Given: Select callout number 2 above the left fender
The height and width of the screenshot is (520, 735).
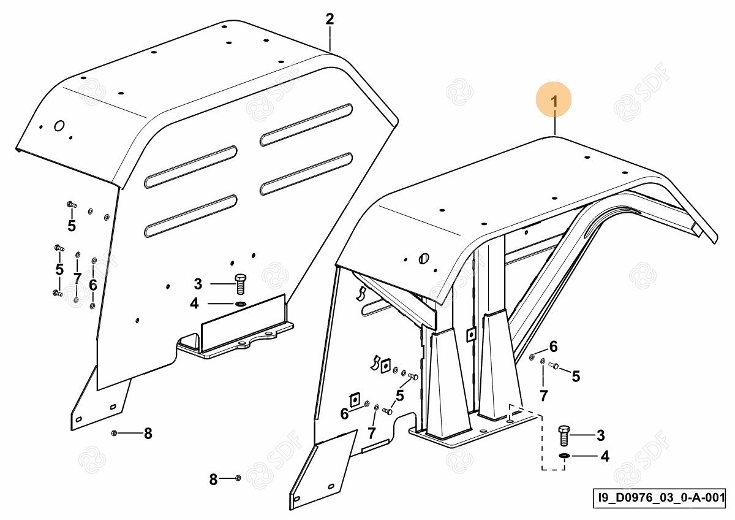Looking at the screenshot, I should pos(330,19).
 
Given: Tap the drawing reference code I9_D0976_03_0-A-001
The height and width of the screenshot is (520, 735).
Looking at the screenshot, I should pos(661,497).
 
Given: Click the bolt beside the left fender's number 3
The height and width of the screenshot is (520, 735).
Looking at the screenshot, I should pos(240,284).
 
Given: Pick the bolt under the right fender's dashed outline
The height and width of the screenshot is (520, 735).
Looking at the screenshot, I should pos(564,437).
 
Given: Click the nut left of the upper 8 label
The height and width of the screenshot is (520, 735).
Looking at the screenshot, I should pos(115,434).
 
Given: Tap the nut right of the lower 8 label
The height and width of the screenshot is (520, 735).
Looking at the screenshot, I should pos(238,478).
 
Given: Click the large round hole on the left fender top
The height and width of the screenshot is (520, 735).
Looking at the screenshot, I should pos(59,126).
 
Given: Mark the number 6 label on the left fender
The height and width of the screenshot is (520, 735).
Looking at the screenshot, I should pos(92,285).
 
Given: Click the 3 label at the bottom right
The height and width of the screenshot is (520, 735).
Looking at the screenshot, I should pos(600,436).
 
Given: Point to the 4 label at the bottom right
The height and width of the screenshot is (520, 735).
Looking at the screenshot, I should pos(604,457).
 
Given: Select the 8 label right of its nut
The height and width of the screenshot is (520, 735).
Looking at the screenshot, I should pos(148,434).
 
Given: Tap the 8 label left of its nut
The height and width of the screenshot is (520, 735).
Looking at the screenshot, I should pos(213,480).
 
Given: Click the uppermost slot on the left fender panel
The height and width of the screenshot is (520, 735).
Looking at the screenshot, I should pos(306,125).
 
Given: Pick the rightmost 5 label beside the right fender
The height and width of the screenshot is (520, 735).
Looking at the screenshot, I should pos(575,377).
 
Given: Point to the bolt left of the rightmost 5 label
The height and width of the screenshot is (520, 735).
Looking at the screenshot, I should pos(554,367).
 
